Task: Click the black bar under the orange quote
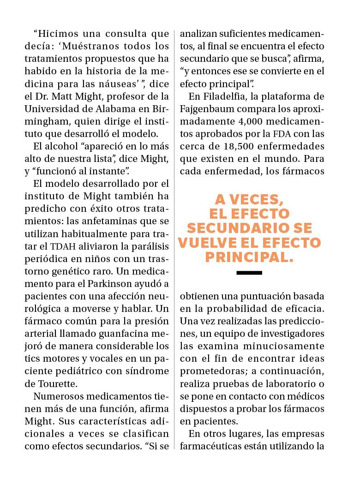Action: pos(249,273)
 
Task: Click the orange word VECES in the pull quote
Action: pos(258,200)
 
